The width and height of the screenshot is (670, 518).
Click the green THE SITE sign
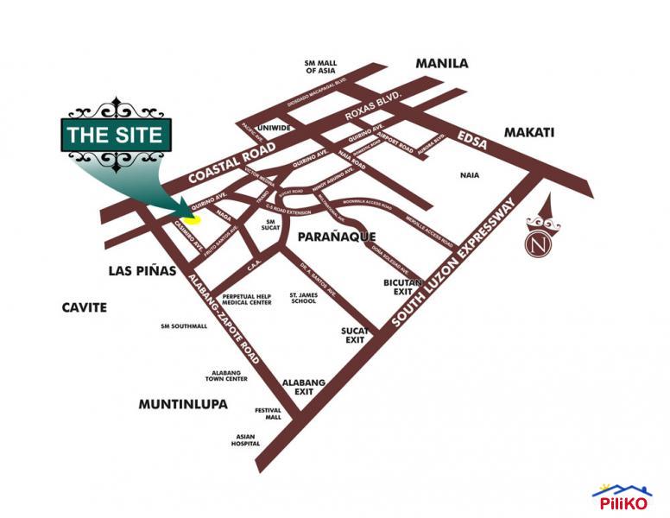[x=114, y=135]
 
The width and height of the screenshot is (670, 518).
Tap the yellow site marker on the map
[x=193, y=218]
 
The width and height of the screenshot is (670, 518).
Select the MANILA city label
[x=441, y=64]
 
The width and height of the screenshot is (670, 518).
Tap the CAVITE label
[x=84, y=307]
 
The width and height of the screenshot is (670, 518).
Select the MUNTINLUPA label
[x=182, y=403]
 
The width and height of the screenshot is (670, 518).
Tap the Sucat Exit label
[x=356, y=336]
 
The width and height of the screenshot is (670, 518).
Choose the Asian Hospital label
[x=245, y=439]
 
